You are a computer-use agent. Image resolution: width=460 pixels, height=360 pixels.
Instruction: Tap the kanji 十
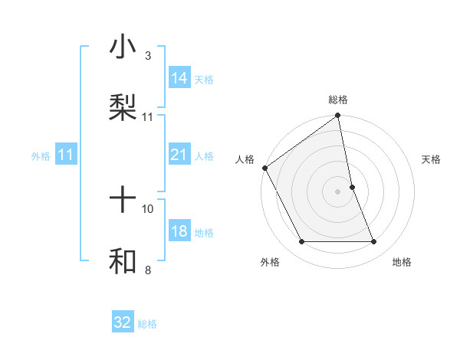tap(123, 201)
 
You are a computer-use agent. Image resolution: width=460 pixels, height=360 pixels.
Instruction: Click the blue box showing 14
tap(179, 78)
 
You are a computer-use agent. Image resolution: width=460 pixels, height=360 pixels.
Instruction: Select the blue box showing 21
tap(179, 155)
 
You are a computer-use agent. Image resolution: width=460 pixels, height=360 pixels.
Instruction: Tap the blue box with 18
tap(179, 232)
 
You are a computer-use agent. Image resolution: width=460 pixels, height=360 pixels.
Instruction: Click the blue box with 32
tap(123, 322)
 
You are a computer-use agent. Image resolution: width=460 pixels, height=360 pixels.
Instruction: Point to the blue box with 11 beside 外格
tap(66, 155)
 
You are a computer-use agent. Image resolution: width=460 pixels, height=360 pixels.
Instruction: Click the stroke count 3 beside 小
tap(148, 56)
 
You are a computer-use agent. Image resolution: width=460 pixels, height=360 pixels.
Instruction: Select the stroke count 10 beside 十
tap(148, 208)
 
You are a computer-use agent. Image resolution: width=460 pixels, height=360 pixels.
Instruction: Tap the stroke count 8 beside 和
tap(148, 270)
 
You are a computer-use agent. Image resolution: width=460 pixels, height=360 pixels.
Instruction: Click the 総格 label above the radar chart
tap(338, 100)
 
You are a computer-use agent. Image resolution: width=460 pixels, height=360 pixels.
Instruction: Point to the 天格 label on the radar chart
tap(432, 159)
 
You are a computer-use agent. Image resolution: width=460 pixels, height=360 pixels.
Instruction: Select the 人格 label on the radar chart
tap(245, 159)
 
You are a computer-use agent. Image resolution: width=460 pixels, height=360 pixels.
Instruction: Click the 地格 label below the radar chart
tap(402, 262)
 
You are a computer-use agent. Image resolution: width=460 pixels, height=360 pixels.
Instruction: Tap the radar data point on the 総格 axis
tap(338, 116)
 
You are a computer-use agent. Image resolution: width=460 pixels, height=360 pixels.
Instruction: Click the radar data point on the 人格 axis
tap(265, 168)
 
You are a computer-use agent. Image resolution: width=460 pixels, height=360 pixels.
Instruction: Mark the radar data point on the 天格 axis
tap(352, 187)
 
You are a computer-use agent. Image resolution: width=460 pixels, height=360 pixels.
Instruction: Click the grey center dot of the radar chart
tap(338, 191)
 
